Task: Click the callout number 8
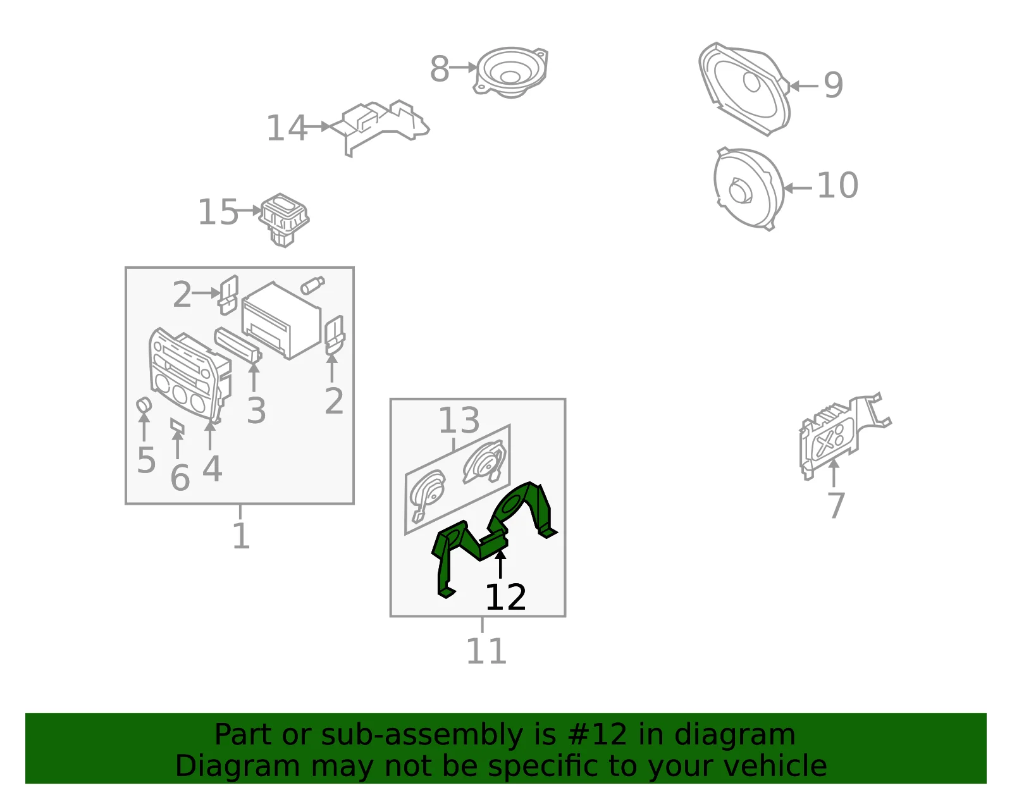tap(439, 69)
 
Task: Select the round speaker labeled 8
tap(511, 72)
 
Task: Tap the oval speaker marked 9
tap(744, 89)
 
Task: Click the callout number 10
tap(837, 185)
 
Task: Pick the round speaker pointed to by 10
tap(748, 188)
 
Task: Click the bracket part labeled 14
tap(379, 127)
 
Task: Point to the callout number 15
tap(218, 213)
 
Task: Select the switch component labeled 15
tap(283, 219)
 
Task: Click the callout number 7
tap(836, 505)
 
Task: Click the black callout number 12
tap(506, 597)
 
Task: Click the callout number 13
tap(459, 421)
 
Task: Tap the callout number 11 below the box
tap(486, 651)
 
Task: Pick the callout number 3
tap(256, 411)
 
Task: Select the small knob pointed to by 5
tap(144, 405)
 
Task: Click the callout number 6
tap(180, 478)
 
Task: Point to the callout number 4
tap(212, 469)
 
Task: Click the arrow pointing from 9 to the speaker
tap(804, 85)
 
